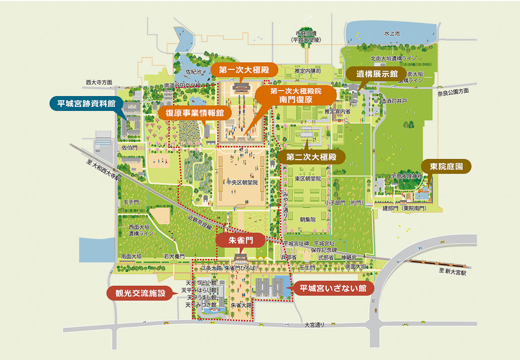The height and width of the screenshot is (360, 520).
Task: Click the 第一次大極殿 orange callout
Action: tap(241, 70)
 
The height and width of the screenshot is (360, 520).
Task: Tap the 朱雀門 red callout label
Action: tap(241, 240)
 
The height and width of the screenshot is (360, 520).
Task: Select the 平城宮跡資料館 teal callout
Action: tap(87, 103)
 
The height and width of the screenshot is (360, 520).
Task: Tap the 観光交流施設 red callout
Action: tap(140, 293)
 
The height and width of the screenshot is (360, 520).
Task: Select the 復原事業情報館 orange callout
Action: tap(195, 112)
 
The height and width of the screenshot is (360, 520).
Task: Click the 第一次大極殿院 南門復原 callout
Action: tap(296, 95)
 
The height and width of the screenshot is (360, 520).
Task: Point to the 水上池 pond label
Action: tap(392, 33)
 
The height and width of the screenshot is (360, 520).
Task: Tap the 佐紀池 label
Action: tap(193, 72)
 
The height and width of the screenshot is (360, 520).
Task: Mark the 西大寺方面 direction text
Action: tap(99, 82)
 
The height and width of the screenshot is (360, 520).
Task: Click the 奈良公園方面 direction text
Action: tap(453, 92)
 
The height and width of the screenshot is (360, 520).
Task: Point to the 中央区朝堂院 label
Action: tap(241, 182)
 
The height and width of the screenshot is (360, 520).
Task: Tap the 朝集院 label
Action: tap(308, 219)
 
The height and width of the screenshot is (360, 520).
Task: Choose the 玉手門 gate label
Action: tap(131, 203)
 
